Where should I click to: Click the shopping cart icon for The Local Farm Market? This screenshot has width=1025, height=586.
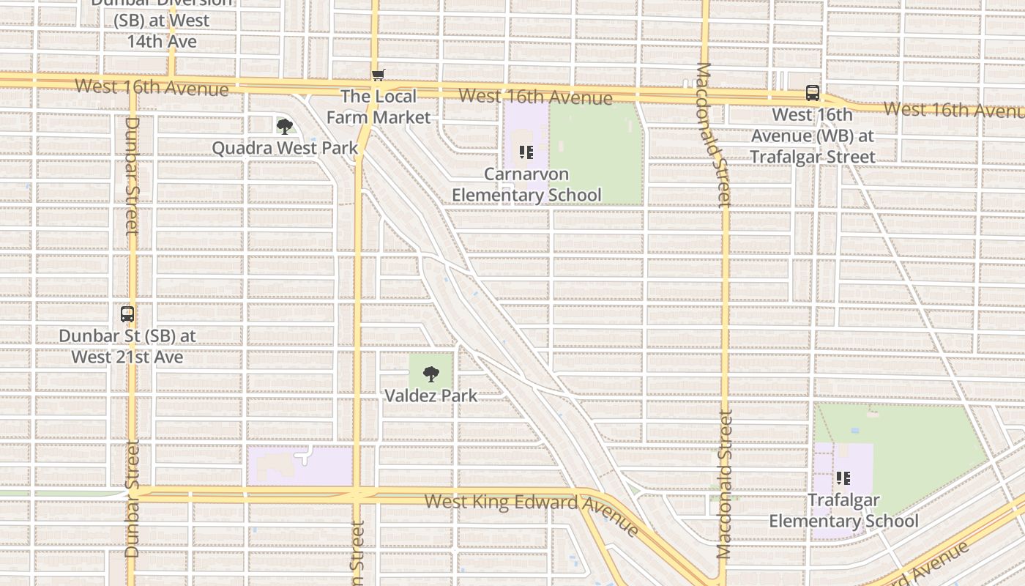coord(379,75)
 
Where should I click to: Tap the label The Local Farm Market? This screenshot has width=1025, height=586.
coord(379,107)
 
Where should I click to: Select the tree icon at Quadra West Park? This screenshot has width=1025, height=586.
coord(285,127)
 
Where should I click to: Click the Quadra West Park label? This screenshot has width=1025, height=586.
coord(285,148)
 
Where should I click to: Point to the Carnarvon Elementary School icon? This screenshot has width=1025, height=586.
coord(526,152)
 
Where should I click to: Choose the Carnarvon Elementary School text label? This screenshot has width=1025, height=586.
coord(526,185)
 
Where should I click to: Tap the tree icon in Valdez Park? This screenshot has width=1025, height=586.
coord(431,374)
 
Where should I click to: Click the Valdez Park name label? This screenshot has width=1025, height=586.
coord(431,396)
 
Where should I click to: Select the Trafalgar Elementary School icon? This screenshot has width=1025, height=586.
coord(843,478)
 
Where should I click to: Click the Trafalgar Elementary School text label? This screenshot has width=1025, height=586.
coord(843,511)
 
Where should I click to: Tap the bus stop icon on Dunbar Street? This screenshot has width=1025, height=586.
coord(127,314)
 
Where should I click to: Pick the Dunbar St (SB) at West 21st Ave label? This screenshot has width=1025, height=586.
coord(127,346)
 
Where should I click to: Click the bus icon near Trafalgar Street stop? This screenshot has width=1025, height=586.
coord(813,93)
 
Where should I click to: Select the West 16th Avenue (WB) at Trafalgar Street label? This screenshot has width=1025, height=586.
coord(813,136)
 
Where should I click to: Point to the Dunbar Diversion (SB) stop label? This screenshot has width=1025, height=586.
coord(163,21)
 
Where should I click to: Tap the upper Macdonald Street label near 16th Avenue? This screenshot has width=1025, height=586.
coord(713,133)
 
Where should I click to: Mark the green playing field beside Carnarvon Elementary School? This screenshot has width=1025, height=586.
coord(596,154)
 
